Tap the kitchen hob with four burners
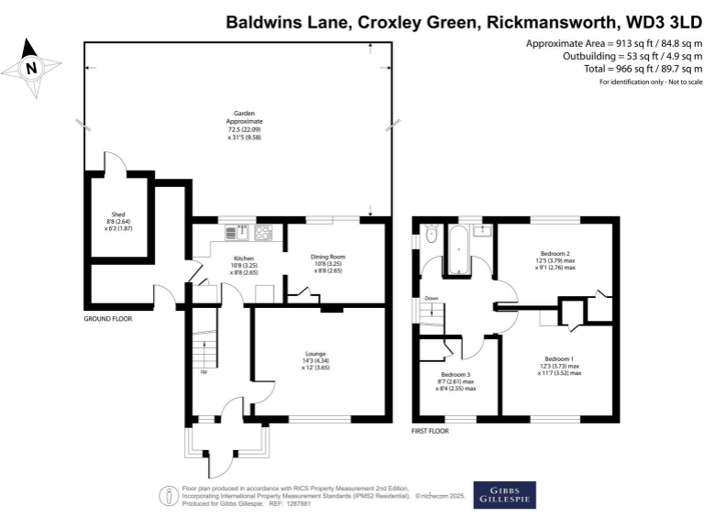(264, 233)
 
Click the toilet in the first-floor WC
(429, 236)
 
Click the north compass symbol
(31, 68)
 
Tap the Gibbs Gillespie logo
(504, 494)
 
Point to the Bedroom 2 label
(555, 253)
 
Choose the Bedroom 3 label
(456, 374)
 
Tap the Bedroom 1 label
(560, 358)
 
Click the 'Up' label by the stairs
(203, 371)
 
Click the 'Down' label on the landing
(432, 299)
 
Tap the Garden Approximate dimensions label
(245, 123)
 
